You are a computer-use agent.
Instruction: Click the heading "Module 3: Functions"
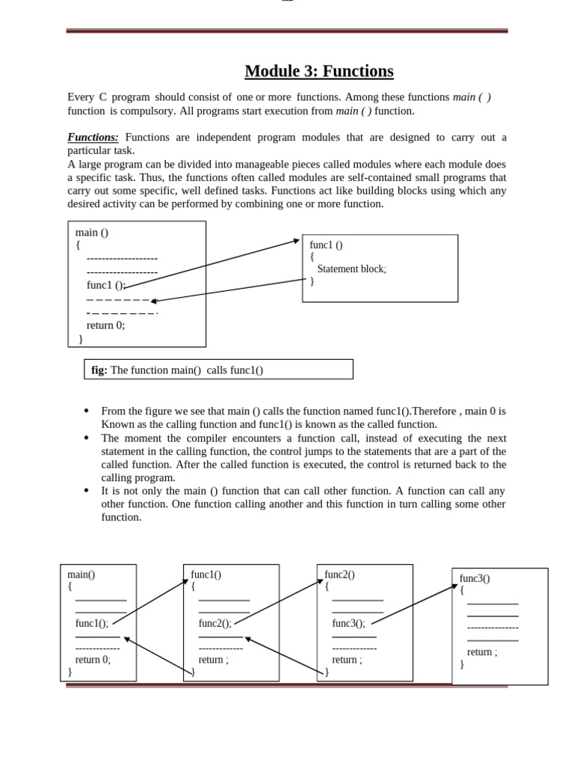point(319,72)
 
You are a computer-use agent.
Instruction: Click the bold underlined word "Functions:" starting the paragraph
point(93,138)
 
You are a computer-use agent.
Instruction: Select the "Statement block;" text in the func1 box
point(352,269)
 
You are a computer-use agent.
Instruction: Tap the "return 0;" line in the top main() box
point(106,325)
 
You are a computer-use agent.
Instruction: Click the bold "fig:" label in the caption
point(99,370)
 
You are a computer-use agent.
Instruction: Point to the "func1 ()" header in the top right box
point(327,245)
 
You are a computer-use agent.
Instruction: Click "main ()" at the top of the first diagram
point(92,233)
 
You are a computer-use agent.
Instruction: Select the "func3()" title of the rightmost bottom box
point(475,578)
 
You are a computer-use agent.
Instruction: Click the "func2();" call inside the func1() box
point(215,623)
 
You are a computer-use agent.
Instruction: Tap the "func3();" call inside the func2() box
point(349,623)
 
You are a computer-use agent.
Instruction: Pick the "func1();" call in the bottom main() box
point(92,623)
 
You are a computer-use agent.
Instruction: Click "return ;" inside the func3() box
point(482,652)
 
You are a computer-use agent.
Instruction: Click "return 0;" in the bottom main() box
point(93,660)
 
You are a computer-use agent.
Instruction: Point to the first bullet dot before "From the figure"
point(87,411)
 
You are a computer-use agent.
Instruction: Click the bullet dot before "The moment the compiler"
point(87,438)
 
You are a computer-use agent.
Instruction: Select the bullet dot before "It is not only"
point(87,491)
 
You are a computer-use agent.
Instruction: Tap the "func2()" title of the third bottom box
point(340,574)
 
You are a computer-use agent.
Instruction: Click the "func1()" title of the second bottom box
point(206,574)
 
